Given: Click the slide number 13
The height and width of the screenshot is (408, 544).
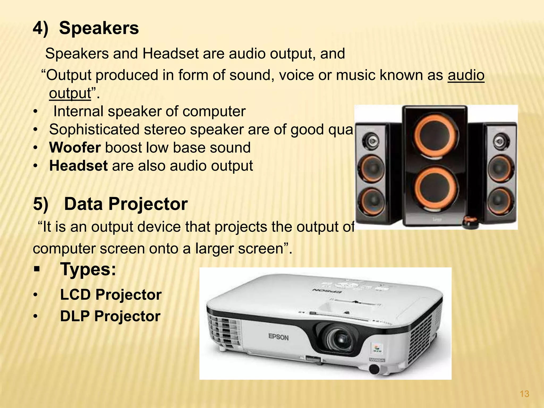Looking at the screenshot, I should tap(524, 394).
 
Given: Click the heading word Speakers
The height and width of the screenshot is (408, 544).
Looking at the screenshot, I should tap(99, 28).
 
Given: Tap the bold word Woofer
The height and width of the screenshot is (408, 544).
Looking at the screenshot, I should tap(75, 148).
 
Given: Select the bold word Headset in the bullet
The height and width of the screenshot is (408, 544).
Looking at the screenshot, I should tap(78, 166).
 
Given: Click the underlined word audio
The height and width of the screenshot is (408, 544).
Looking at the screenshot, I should tap(466, 75).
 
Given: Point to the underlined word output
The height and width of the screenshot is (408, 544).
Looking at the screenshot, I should tap(70, 93).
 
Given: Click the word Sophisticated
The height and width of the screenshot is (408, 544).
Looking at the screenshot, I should tap(94, 130).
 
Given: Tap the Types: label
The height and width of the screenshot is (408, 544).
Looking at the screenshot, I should tap(88, 269).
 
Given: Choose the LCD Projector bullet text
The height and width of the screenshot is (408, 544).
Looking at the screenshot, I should tap(111, 295).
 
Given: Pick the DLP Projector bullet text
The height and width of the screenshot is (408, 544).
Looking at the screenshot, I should tap(110, 316).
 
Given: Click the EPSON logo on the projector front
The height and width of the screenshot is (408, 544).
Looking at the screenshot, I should tap(278, 337).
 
